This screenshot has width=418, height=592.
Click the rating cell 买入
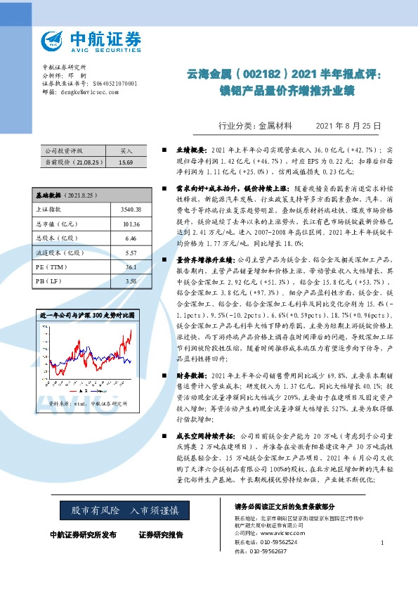(x=126, y=150)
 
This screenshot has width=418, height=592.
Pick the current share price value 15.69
(x=126, y=162)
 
